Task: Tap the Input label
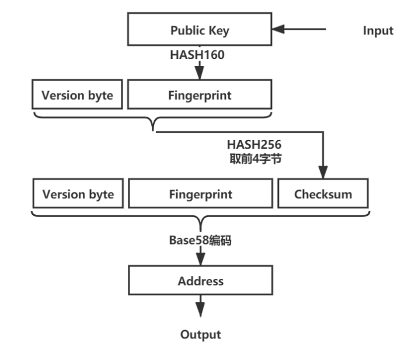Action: tap(378, 31)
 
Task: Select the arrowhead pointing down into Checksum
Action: tap(323, 173)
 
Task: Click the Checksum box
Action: tap(323, 194)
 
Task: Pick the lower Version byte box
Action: tap(78, 194)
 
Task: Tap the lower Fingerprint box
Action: tap(200, 194)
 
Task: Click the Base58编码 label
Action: tap(200, 240)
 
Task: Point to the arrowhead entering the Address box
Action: tap(200, 261)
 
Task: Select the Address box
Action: tap(200, 281)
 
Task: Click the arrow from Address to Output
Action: tap(200, 306)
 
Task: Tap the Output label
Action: tap(200, 334)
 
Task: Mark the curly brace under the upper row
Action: tap(153, 119)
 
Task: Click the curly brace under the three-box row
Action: tap(200, 221)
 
